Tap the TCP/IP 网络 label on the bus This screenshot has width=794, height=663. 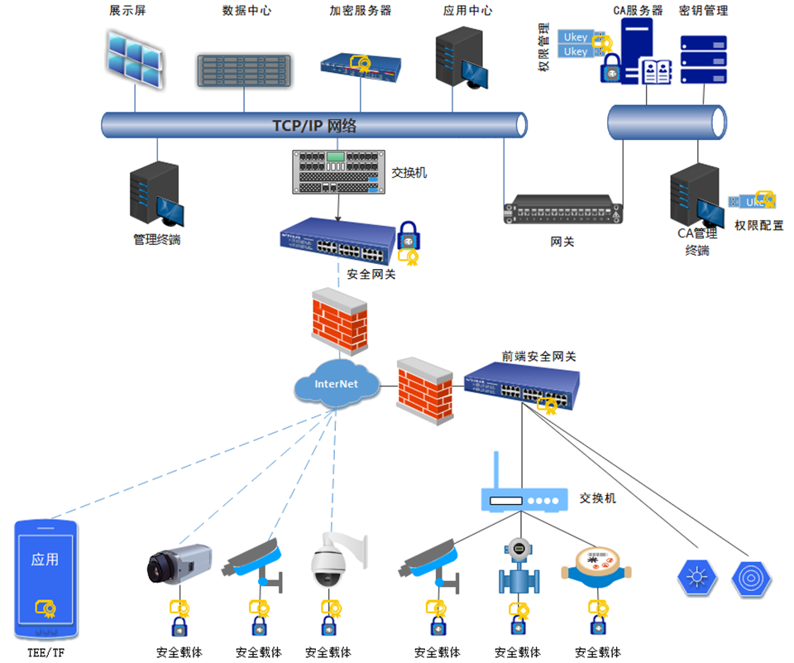click(x=314, y=126)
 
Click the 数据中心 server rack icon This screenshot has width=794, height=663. click(x=245, y=70)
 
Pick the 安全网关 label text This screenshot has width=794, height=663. click(x=371, y=274)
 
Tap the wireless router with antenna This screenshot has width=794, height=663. click(x=524, y=492)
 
